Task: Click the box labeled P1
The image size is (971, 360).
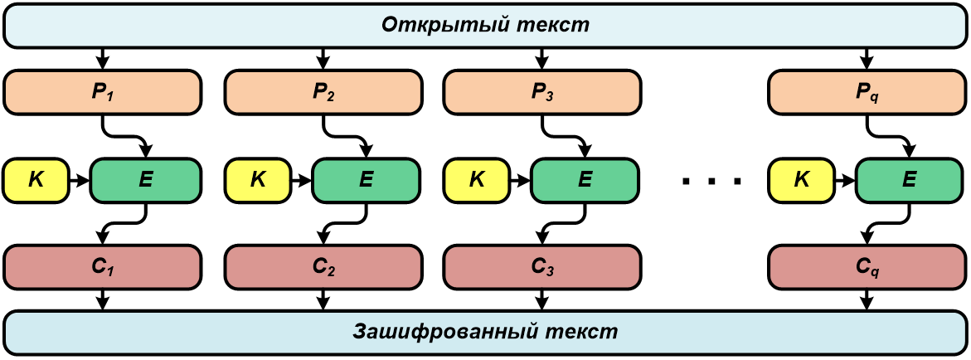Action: tap(103, 91)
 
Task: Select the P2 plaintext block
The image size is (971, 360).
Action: tap(323, 91)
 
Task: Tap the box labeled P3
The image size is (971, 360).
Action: tap(542, 91)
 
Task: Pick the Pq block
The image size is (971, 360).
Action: tap(867, 91)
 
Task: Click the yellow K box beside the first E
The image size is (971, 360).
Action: tap(36, 178)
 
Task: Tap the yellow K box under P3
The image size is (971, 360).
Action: tap(477, 178)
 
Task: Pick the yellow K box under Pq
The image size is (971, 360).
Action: tap(801, 178)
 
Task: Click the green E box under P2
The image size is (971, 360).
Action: tap(367, 178)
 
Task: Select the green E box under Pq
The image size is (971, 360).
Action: tap(910, 178)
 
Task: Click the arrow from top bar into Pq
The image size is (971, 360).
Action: tap(867, 58)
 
